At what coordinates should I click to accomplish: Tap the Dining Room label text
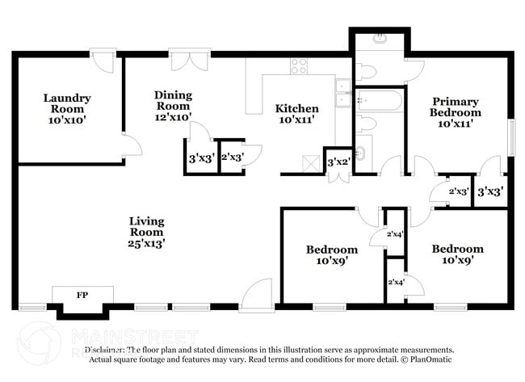173,105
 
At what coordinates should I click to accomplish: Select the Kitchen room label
296,114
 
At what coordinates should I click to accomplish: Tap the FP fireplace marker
82,296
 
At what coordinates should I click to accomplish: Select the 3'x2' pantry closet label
338,162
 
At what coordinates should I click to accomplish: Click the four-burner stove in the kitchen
300,65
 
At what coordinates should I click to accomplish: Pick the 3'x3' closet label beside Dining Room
200,158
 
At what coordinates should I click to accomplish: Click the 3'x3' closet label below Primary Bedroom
490,192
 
